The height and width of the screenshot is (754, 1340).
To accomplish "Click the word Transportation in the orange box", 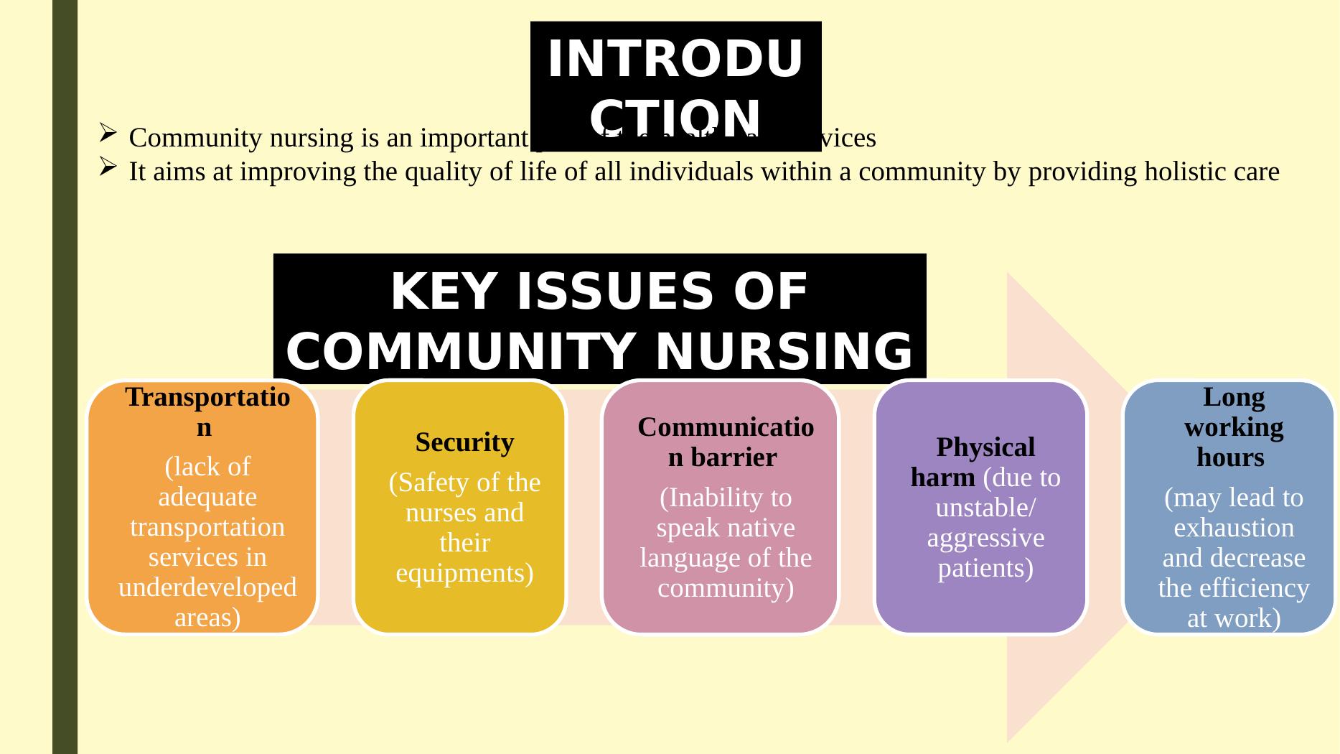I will point(207,397).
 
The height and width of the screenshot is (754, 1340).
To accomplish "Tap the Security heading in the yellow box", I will point(464,442).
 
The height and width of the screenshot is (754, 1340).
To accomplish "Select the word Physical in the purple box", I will point(985,447).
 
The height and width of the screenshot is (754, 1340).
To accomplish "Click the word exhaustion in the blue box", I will point(1234,528).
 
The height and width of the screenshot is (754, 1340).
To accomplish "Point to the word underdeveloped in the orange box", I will point(207,587).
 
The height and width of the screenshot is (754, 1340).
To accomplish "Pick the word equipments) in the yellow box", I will point(464,573).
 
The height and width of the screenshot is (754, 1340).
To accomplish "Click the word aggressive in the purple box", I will point(985,538).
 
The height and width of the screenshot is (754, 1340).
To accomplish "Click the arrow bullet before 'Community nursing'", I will point(107,132).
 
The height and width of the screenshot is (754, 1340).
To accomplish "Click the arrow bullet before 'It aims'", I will point(107,167).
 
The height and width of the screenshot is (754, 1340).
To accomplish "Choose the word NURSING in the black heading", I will point(784,352).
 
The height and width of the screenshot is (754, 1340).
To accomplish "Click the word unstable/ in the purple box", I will point(985,508).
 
